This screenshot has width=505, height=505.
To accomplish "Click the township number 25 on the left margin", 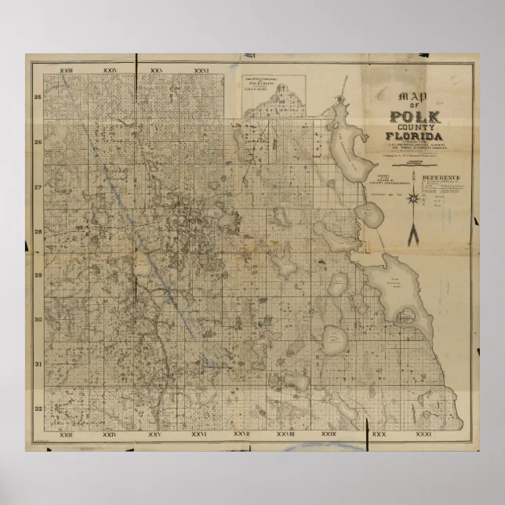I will tap(37, 97).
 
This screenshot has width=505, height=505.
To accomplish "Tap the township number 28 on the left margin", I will tap(37, 232).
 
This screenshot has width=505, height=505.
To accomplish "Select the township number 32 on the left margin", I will tap(37, 409).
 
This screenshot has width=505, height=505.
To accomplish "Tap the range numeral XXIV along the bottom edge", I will tap(109, 434).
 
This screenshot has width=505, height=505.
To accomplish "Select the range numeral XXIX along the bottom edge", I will tap(329, 434).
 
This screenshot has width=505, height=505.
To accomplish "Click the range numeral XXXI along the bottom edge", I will tap(423, 434).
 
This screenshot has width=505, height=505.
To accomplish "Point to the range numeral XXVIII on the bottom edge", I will tap(285, 434).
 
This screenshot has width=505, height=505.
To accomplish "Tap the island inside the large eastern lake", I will tap(404, 317).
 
